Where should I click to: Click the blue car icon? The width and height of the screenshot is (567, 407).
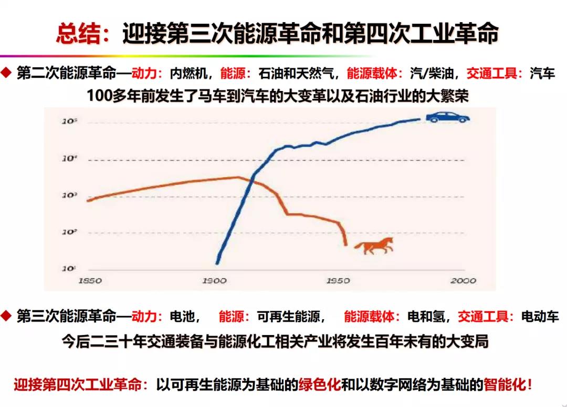447,117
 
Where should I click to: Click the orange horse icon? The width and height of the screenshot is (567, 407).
374,245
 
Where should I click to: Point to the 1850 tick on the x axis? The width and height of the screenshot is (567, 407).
90,281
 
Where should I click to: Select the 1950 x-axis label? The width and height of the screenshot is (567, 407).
338,281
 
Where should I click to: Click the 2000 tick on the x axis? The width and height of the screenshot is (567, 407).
463,281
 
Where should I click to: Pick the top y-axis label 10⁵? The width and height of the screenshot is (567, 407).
70,121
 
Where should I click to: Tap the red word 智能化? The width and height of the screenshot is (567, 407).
504,384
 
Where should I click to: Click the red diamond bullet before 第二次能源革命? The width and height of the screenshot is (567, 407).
6,73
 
